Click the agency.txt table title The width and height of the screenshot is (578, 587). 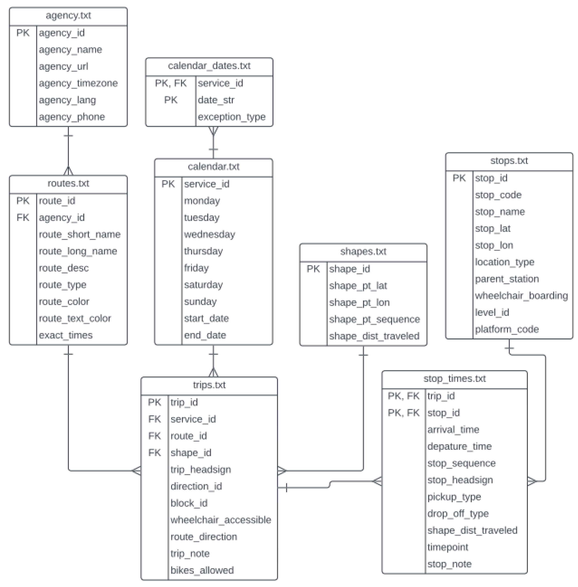[x=68, y=15]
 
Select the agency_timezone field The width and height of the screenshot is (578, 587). [x=78, y=83]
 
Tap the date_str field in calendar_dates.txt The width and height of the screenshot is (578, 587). [x=216, y=100]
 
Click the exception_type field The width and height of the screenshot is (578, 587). [x=231, y=116]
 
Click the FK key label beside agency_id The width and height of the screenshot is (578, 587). [x=23, y=217]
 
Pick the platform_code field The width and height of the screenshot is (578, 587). [x=506, y=329]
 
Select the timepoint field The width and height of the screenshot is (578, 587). [x=447, y=547]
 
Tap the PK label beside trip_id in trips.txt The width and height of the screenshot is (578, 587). [x=154, y=402]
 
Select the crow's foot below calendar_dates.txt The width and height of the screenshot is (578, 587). [x=213, y=131]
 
